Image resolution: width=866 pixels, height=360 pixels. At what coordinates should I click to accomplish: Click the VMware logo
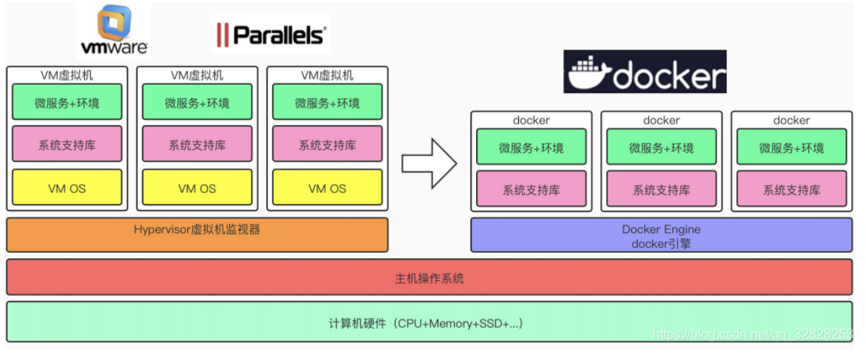click(114, 30)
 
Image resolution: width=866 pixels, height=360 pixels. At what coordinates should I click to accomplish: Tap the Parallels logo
click(271, 35)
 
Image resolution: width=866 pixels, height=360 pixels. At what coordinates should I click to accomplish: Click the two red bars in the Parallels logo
click(222, 35)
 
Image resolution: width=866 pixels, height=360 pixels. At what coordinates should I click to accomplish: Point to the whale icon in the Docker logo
click(589, 73)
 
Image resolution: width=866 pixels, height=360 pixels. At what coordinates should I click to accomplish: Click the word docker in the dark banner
click(669, 76)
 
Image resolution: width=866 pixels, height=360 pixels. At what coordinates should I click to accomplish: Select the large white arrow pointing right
click(430, 164)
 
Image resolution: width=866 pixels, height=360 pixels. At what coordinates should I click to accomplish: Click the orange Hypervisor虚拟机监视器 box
click(197, 235)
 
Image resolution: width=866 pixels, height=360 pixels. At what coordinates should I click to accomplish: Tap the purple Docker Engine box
click(661, 235)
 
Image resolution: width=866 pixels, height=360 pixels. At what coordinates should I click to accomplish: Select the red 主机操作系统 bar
click(429, 277)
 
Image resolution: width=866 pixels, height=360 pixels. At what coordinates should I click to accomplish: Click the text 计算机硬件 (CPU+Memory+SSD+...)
click(426, 324)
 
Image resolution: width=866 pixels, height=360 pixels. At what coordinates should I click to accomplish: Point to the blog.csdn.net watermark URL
click(752, 334)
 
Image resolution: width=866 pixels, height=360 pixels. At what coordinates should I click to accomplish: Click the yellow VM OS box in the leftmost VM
click(67, 188)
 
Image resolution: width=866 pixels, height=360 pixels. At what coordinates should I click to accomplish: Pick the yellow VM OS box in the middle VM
click(197, 188)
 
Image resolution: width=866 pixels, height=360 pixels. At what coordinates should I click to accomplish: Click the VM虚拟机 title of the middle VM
click(197, 75)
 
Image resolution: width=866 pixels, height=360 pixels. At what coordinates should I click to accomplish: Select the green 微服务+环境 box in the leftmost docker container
click(531, 147)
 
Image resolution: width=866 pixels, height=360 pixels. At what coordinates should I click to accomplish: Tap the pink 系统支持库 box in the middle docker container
click(662, 189)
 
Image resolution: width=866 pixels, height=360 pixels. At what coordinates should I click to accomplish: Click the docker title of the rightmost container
click(791, 120)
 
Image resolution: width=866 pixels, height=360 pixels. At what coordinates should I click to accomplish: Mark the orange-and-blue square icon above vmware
click(114, 22)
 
